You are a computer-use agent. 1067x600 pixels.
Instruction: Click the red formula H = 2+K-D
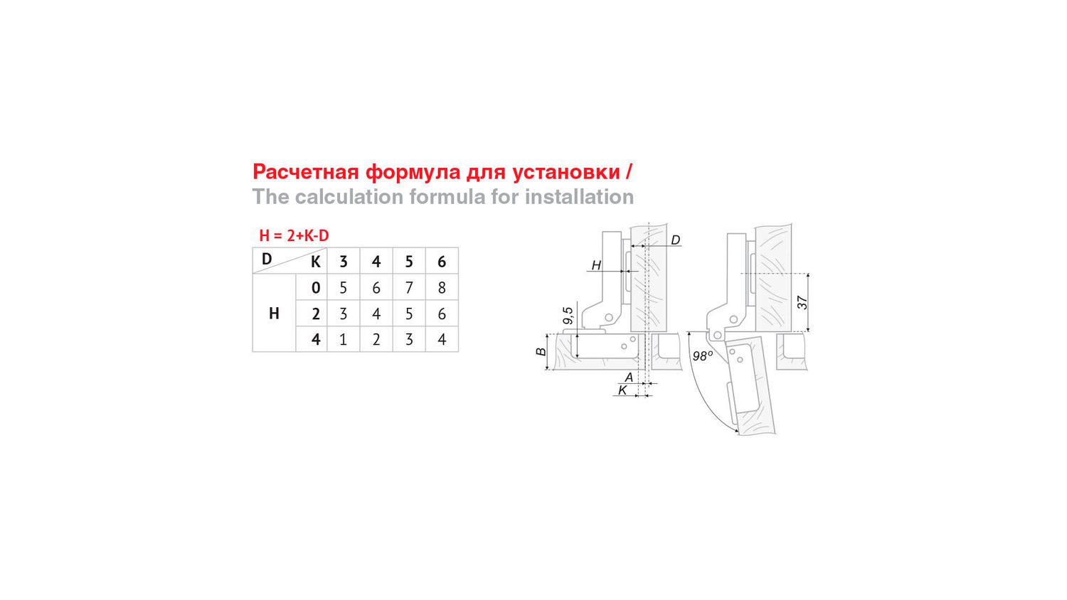(x=294, y=236)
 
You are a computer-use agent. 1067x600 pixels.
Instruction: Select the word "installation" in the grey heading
(x=579, y=197)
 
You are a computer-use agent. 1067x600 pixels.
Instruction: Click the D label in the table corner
(x=267, y=259)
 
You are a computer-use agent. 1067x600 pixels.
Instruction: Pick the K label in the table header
(x=315, y=262)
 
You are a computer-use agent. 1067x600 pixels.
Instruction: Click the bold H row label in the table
(x=274, y=314)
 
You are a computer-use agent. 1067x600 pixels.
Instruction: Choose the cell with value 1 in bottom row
(x=343, y=340)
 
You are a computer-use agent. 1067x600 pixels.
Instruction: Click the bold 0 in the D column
(x=315, y=288)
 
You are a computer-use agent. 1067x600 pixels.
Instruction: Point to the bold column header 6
(x=442, y=262)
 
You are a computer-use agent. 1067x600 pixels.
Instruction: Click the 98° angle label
(x=703, y=355)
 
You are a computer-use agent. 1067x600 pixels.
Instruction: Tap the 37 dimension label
(x=802, y=302)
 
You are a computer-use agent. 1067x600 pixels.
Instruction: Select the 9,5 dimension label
(x=568, y=315)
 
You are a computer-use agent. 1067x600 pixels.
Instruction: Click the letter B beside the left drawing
(x=541, y=352)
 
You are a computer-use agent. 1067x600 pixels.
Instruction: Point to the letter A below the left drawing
(x=629, y=377)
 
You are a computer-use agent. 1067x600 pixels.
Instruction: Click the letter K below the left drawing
(x=622, y=390)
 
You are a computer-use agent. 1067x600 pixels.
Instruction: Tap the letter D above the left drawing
(x=676, y=240)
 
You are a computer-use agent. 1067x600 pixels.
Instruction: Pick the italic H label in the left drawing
(x=596, y=265)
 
